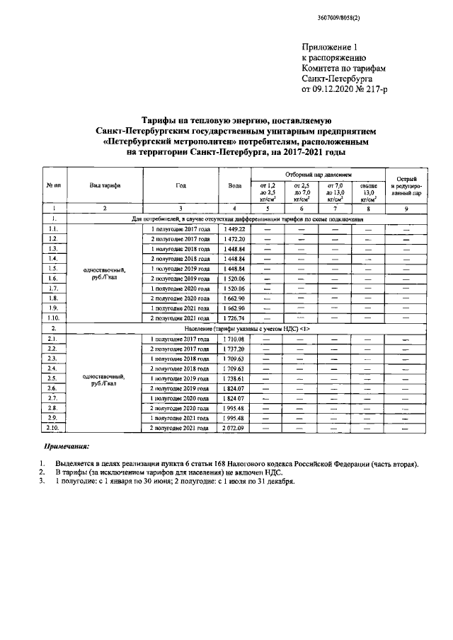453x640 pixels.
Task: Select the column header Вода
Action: [x=234, y=185]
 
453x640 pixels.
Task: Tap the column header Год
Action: [x=180, y=185]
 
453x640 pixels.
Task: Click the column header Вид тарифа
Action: [x=104, y=185]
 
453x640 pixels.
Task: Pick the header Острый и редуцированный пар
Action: [x=406, y=185]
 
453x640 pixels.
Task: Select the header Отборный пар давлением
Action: [x=317, y=173]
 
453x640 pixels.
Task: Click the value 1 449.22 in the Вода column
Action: [x=234, y=229]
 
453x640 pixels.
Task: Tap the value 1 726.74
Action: [x=234, y=318]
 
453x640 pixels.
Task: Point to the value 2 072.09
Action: [x=234, y=428]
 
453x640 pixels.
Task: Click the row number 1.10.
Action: [x=52, y=318]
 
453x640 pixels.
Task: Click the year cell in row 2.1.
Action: [x=180, y=339]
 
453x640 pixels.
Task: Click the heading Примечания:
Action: [x=67, y=447]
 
